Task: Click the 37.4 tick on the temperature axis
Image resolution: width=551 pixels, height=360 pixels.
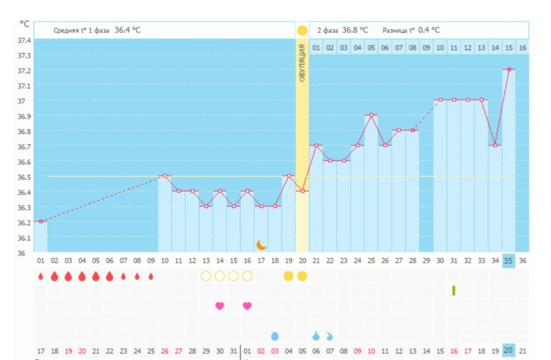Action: (x=24, y=40)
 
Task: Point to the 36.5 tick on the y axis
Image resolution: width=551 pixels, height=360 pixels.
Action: (x=24, y=177)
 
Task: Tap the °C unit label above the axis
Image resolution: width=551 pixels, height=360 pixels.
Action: (x=25, y=24)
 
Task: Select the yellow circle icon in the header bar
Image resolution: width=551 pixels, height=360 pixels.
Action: (x=302, y=30)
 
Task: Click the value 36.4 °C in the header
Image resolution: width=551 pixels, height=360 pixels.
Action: (x=127, y=30)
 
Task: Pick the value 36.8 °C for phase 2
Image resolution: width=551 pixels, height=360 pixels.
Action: (x=355, y=30)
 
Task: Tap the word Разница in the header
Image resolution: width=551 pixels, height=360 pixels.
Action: (x=396, y=30)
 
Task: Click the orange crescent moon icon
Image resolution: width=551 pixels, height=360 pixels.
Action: (x=262, y=245)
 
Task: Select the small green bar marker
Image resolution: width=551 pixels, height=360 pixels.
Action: (x=454, y=290)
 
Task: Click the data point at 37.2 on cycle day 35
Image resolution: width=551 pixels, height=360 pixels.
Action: (x=509, y=69)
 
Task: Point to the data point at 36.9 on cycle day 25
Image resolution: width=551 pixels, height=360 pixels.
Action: (x=371, y=115)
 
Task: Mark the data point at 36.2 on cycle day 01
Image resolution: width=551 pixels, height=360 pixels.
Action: (x=41, y=221)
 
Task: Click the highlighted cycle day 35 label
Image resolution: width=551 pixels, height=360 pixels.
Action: (x=509, y=261)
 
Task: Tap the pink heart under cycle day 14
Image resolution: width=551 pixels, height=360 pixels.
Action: (x=220, y=306)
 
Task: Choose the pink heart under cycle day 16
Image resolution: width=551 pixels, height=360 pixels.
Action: (x=247, y=306)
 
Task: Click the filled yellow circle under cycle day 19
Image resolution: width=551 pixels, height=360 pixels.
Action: (x=288, y=276)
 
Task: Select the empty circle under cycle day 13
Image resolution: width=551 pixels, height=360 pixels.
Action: (x=206, y=276)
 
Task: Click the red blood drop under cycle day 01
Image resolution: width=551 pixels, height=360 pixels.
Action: (x=41, y=276)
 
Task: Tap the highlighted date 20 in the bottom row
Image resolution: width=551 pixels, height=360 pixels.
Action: (x=509, y=350)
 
